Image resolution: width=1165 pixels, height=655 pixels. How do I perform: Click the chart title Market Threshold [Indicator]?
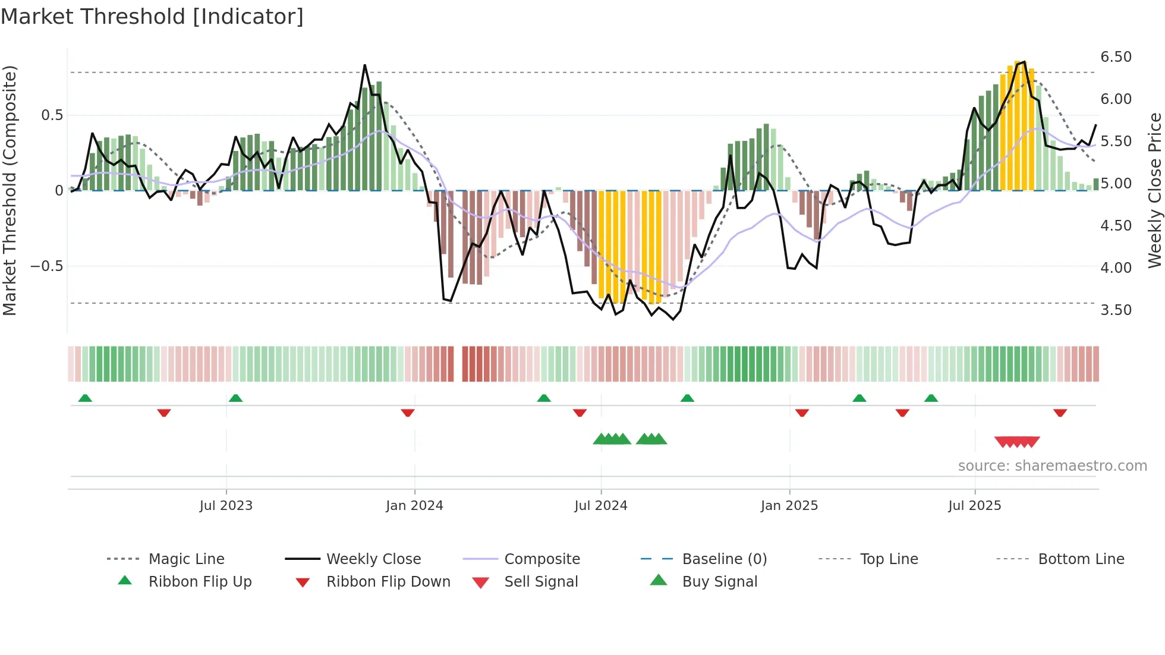click(x=152, y=17)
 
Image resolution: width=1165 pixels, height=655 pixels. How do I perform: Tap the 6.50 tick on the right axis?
click(x=1116, y=57)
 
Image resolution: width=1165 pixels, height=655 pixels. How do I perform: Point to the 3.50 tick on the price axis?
click(x=1116, y=310)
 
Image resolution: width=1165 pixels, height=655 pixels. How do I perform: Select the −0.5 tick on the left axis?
click(x=47, y=266)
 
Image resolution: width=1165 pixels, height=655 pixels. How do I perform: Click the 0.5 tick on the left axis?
click(x=52, y=115)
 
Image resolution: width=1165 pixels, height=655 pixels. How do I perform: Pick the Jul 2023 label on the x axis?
click(x=226, y=506)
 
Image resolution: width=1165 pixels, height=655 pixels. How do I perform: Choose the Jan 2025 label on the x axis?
click(x=789, y=506)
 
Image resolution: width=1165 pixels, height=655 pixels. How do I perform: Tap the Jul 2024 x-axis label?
click(x=600, y=506)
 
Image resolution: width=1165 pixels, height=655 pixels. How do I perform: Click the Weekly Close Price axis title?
click(x=1154, y=190)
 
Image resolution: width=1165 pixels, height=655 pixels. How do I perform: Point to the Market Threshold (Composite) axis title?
click(x=10, y=190)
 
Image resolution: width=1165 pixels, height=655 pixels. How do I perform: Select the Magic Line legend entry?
click(x=186, y=559)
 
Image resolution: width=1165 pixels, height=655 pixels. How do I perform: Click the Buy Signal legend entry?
click(x=719, y=582)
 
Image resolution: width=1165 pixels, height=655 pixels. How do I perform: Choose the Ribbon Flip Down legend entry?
click(x=388, y=582)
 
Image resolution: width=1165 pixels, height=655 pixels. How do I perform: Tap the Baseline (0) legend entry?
click(x=724, y=559)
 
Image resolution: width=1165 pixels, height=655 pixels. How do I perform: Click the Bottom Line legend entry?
click(x=1081, y=559)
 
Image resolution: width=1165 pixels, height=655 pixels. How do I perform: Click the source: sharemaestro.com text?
click(x=1052, y=466)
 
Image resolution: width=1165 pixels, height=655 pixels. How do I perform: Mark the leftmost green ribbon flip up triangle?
click(x=85, y=398)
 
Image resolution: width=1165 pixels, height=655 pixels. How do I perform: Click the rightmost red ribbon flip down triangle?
click(x=1060, y=412)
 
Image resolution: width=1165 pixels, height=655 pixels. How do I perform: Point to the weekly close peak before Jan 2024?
click(x=364, y=65)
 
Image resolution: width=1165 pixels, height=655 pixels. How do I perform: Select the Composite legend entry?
click(x=541, y=559)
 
